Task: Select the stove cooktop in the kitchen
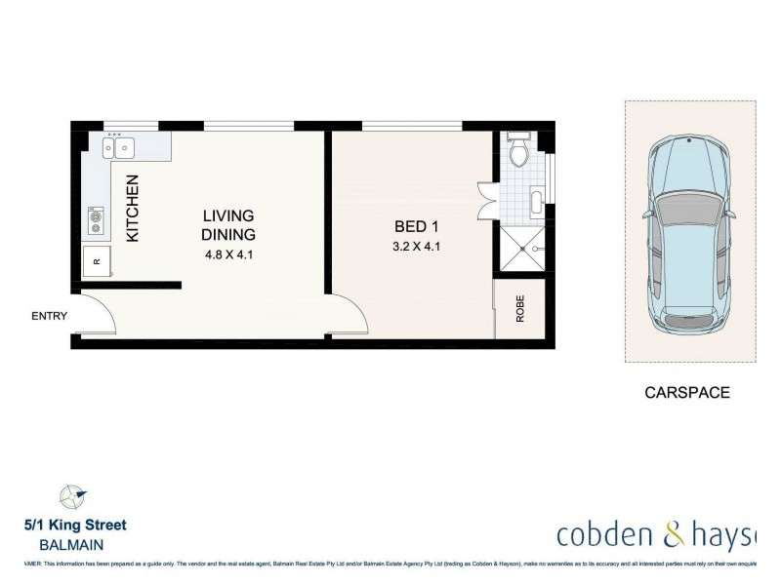point(96,218)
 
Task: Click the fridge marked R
point(96,260)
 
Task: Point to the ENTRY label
point(50,316)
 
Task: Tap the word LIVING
point(228,215)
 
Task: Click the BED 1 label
point(411,225)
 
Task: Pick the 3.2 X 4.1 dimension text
point(411,247)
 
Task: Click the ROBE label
point(520,309)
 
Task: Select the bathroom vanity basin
point(538,203)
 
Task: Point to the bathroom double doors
point(485,200)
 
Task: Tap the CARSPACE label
point(687,393)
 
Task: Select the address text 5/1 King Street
point(75,526)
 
